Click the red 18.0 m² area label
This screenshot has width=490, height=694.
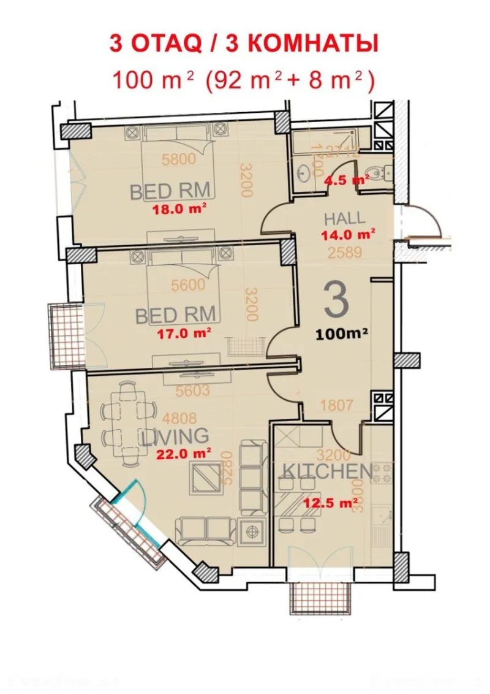tap(179, 208)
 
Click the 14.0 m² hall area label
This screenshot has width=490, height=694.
tap(348, 234)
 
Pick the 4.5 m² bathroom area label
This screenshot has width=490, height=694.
tap(347, 179)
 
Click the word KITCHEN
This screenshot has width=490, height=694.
tap(326, 471)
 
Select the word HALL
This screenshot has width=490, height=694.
tap(344, 218)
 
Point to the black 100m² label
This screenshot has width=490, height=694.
tap(342, 334)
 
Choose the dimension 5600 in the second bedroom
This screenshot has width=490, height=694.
tap(187, 284)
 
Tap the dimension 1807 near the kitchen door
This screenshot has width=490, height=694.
tap(336, 405)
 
